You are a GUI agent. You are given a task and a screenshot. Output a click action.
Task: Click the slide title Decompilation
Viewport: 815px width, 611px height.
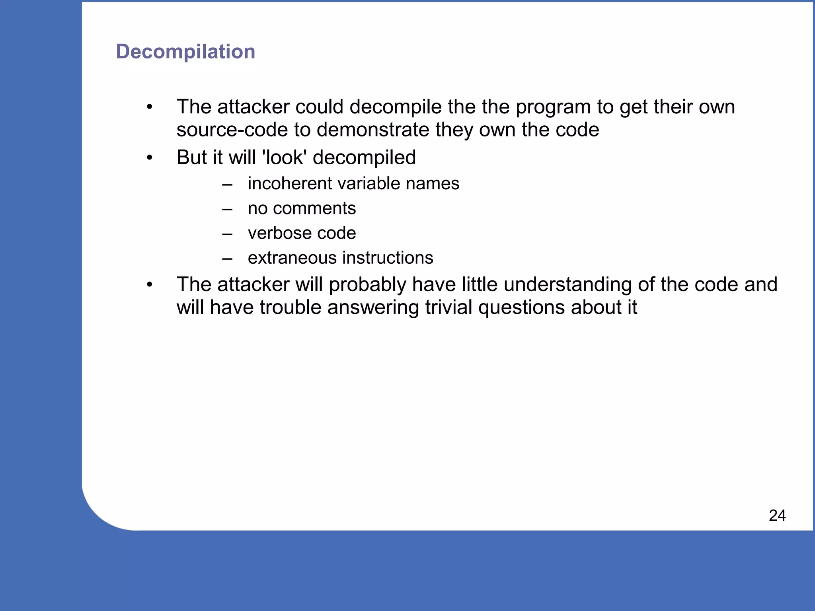pos(185,52)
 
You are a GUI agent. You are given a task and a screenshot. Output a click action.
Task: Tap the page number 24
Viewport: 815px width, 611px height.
pos(777,516)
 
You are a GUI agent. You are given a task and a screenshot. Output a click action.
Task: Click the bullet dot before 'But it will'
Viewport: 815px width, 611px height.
pos(149,158)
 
